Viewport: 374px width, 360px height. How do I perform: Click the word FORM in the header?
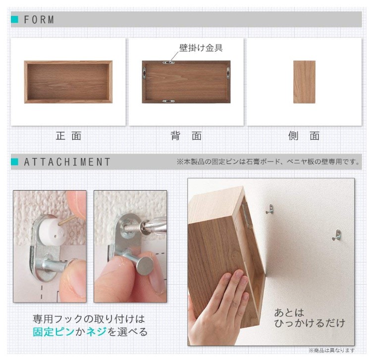39,19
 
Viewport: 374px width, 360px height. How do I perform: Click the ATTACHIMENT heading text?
67,162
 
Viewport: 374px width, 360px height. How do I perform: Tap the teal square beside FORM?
14,19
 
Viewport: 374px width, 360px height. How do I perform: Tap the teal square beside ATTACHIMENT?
14,162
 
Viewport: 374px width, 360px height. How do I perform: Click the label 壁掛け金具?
201,48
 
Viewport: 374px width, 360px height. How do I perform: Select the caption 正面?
68,136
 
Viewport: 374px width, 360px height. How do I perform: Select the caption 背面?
186,136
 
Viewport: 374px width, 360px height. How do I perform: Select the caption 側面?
304,136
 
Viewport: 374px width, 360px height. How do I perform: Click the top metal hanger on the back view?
168,62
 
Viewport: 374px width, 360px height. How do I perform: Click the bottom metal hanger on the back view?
168,101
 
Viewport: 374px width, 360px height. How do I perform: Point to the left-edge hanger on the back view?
144,73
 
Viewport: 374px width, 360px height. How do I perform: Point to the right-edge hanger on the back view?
228,73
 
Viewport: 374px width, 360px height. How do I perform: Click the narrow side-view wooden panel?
304,82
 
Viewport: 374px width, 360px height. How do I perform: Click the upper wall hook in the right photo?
270,209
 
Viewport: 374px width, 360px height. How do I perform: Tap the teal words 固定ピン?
53,332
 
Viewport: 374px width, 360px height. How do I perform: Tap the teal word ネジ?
96,332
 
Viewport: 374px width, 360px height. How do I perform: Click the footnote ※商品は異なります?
331,350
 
